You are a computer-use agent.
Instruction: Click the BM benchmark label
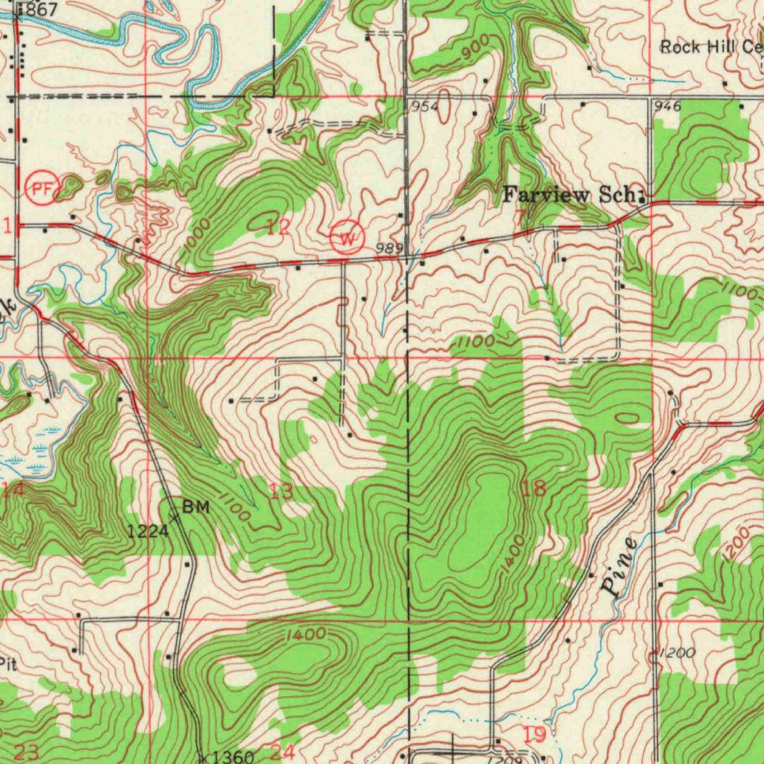pos(196,507)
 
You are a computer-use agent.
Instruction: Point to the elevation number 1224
pos(147,531)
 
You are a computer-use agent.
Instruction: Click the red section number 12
pos(279,228)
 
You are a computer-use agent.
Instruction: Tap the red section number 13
pos(281,491)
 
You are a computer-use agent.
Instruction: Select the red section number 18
pos(533,489)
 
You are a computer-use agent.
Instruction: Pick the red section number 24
pos(282,752)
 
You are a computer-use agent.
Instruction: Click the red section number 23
pos(26,752)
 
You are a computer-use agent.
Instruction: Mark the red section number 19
pos(534,734)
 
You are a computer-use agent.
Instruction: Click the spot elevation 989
pos(389,248)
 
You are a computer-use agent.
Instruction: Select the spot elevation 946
pos(667,107)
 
